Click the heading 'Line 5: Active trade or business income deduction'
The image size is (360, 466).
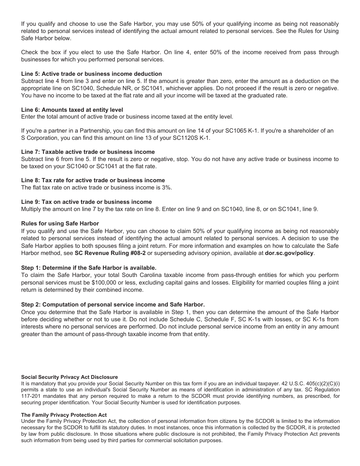[91, 74]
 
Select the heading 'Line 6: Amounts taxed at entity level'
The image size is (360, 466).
[72, 110]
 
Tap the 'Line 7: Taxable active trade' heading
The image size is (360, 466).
[88, 152]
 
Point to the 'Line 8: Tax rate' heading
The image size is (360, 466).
[93, 180]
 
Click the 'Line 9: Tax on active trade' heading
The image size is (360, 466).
[86, 202]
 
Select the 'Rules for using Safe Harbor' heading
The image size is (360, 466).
[60, 224]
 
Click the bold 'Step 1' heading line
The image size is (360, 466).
[89, 267]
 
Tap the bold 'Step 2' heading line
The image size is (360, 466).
[113, 305]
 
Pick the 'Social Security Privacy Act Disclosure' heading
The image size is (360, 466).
[69, 377]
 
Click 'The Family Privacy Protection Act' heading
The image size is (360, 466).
[64, 415]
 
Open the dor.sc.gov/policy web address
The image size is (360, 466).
[289, 253]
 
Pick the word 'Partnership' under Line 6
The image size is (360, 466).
[74, 131]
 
